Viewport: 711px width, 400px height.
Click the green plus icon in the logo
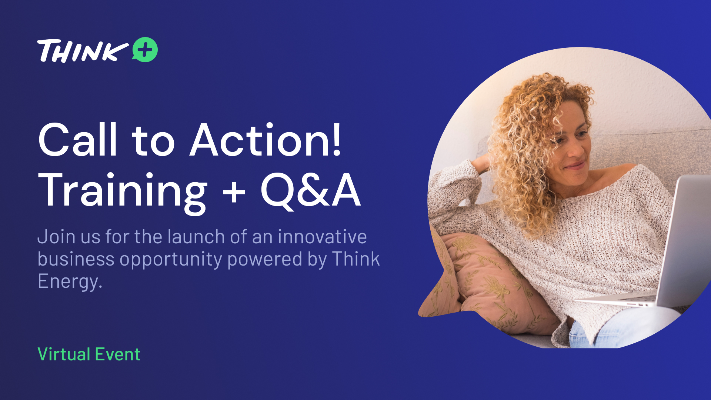click(145, 50)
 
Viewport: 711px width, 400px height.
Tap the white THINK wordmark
click(83, 51)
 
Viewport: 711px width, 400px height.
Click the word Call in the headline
click(78, 140)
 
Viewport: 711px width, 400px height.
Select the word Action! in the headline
click(265, 140)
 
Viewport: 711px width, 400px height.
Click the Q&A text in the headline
click(310, 190)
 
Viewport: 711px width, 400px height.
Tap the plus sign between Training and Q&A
click(234, 192)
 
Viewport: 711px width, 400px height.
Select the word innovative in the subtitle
click(323, 237)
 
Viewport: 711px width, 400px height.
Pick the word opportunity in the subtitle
click(171, 260)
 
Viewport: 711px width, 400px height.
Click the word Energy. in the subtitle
click(70, 282)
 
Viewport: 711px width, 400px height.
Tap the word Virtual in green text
click(64, 354)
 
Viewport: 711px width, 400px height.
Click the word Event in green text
click(118, 354)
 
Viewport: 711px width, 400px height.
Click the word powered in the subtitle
click(265, 260)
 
